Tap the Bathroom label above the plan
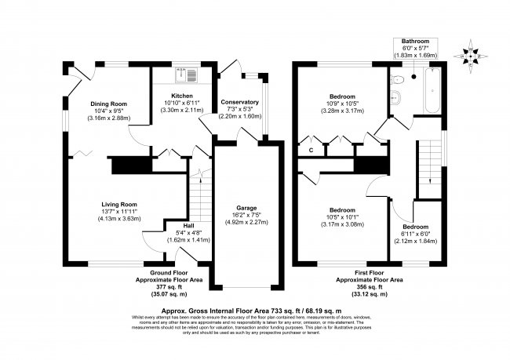[x=417, y=40]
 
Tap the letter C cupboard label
[x=311, y=149]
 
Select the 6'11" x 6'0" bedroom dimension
[x=415, y=231]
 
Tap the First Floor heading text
[x=370, y=272]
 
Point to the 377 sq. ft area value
[x=162, y=287]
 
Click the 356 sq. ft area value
[x=370, y=287]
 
